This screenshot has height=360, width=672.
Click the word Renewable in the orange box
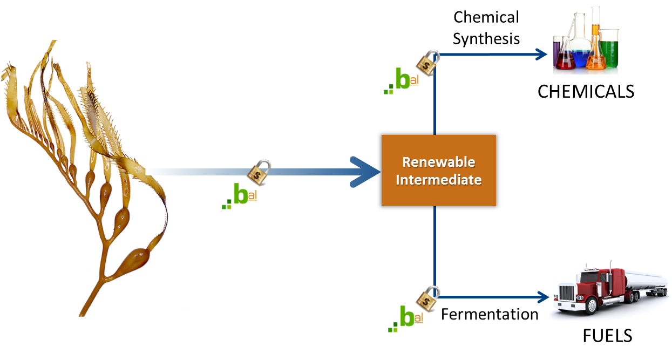[x=439, y=162]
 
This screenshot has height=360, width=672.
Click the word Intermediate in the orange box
[x=439, y=179]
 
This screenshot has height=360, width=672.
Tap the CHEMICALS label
[x=586, y=91]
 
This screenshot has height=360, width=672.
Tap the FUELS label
[x=607, y=336]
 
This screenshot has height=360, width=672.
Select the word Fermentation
[x=490, y=314]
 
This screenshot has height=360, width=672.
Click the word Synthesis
[x=486, y=39]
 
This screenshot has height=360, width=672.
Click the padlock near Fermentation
[x=426, y=296]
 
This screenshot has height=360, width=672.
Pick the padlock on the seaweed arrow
[x=259, y=172]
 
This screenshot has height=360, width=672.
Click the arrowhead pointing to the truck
[x=543, y=297]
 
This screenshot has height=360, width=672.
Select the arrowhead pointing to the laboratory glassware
[x=542, y=53]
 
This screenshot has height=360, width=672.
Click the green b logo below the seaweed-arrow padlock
[x=240, y=195]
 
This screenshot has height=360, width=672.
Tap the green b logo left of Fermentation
[x=407, y=317]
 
